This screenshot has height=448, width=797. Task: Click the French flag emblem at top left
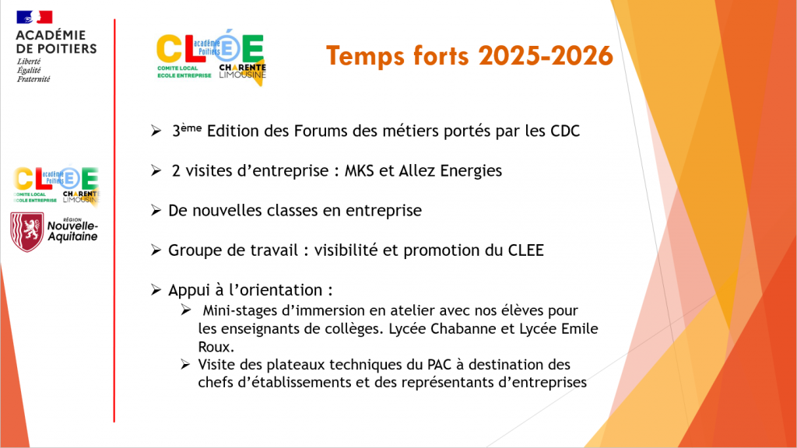(34, 17)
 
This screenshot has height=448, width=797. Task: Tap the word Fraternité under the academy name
(33, 79)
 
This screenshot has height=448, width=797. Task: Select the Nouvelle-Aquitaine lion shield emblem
(27, 232)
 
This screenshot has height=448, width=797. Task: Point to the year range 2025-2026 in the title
(546, 55)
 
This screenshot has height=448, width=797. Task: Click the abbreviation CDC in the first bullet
(565, 131)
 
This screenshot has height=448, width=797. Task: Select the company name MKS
(360, 170)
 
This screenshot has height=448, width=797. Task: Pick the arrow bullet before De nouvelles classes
(156, 210)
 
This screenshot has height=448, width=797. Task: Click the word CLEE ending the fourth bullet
(526, 250)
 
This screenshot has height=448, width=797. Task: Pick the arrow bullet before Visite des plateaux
(185, 364)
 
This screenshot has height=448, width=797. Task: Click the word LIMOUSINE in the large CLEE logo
(243, 75)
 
